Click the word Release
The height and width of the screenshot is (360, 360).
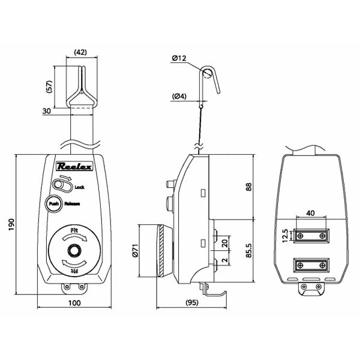coord(72,203)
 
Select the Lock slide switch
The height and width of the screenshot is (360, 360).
coord(61,186)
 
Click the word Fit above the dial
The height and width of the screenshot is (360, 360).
coord(74,230)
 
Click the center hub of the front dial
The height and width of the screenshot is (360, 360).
coord(74,251)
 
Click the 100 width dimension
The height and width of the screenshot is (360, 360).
coord(74,304)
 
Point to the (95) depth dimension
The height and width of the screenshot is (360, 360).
coord(193,304)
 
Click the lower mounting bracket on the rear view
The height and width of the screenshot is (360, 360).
coord(311,265)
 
